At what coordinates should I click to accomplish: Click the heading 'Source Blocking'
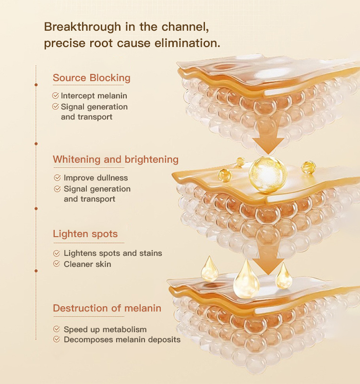pyautogui.click(x=91, y=78)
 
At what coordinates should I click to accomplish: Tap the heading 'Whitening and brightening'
pyautogui.click(x=115, y=159)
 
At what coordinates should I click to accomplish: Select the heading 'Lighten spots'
pyautogui.click(x=85, y=234)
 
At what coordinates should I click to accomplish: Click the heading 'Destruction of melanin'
pyautogui.click(x=107, y=308)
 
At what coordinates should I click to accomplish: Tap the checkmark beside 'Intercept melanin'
pyautogui.click(x=56, y=96)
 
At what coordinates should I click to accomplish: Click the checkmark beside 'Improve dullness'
pyautogui.click(x=57, y=178)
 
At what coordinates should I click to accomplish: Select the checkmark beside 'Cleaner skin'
pyautogui.click(x=57, y=264)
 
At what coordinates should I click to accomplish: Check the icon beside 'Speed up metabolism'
pyautogui.click(x=57, y=330)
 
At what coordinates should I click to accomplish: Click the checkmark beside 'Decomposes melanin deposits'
pyautogui.click(x=57, y=339)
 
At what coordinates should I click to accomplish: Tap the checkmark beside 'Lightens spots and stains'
pyautogui.click(x=57, y=253)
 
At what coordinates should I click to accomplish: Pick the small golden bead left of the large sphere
pyautogui.click(x=224, y=175)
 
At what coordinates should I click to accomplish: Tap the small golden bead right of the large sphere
pyautogui.click(x=308, y=168)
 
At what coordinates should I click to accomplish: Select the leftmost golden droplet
pyautogui.click(x=210, y=269)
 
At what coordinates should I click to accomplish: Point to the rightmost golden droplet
pyautogui.click(x=284, y=276)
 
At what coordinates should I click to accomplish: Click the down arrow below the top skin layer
pyautogui.click(x=269, y=136)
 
